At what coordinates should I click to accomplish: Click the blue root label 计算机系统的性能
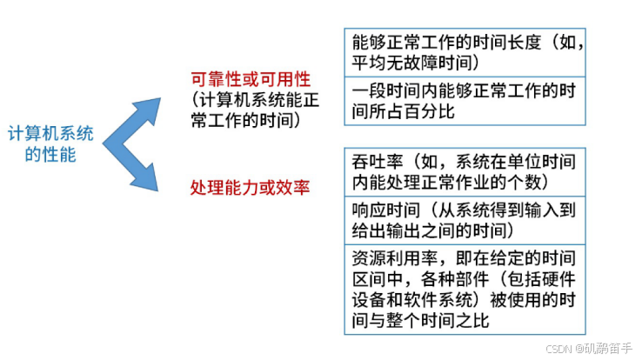click(50, 145)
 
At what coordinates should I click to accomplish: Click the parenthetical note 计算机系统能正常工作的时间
click(250, 110)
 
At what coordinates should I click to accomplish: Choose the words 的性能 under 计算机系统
click(50, 156)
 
